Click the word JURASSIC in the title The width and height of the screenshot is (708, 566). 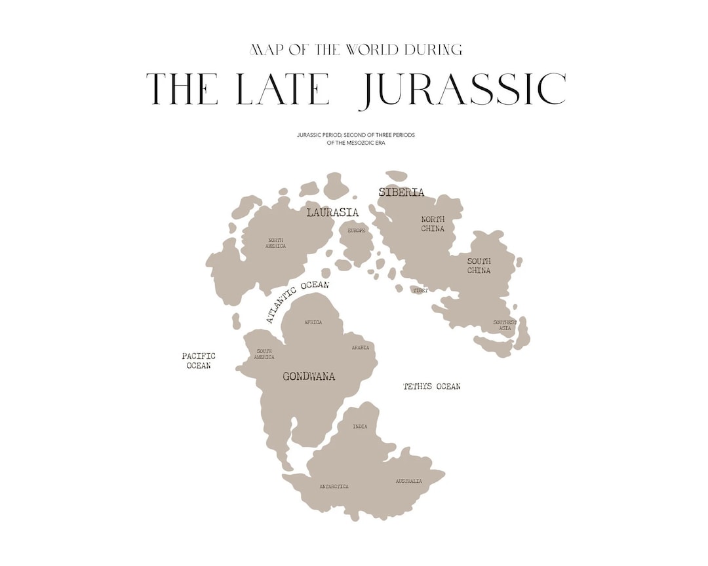pos(462,90)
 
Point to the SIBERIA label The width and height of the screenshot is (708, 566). pos(401,193)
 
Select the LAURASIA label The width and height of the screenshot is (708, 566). pos(332,212)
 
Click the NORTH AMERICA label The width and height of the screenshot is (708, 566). pos(275,243)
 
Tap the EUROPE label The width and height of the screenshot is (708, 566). pos(357,231)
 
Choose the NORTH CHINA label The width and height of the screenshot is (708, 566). pos(433,224)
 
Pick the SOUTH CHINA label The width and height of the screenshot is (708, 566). pos(479,266)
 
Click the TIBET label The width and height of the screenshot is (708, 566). pos(420,290)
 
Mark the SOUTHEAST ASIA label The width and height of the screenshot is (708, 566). pos(505,325)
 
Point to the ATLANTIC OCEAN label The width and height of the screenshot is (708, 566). pos(297,301)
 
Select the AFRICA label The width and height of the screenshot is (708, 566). pos(313,322)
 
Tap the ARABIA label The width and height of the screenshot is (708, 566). pos(360,348)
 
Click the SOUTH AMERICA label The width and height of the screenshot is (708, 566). pos(264,354)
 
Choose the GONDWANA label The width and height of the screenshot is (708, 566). pos(309,377)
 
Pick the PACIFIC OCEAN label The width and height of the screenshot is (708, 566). pos(199,361)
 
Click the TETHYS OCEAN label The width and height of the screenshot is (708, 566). pos(431,387)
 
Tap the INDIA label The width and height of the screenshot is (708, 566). pos(360,426)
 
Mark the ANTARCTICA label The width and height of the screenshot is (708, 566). pos(334,487)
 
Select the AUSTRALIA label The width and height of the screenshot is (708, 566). pos(408,481)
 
